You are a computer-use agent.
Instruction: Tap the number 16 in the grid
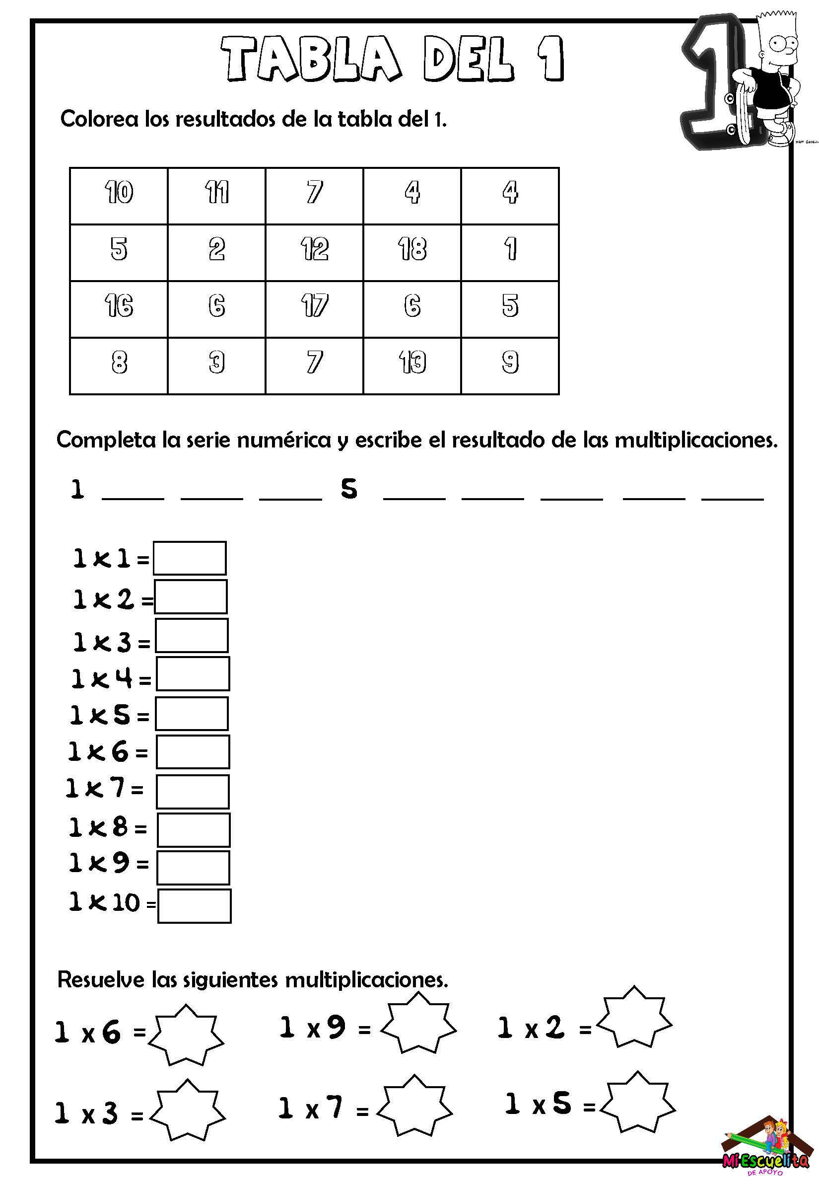[119, 306]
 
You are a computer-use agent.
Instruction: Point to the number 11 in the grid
[216, 193]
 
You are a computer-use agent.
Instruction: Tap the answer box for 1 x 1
[189, 558]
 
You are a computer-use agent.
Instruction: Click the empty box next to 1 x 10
[194, 906]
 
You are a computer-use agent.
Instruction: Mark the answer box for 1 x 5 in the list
[192, 714]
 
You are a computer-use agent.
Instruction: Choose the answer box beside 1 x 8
[194, 830]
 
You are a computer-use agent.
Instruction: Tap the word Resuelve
[101, 979]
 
